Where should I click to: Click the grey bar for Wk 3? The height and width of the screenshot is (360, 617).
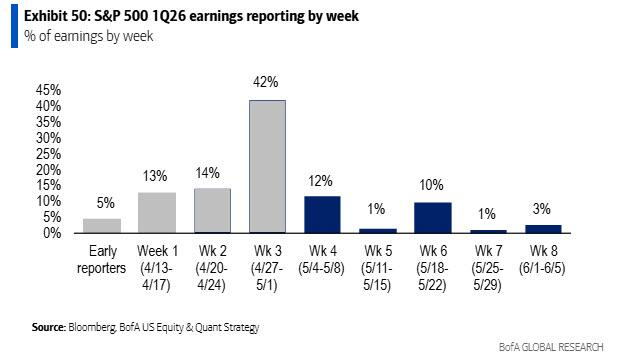(267, 166)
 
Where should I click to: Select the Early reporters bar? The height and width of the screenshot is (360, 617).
(102, 225)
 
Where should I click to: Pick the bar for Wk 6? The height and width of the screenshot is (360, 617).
(432, 217)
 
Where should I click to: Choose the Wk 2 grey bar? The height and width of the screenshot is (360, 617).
(212, 210)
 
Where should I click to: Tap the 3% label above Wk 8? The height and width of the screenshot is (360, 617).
(542, 208)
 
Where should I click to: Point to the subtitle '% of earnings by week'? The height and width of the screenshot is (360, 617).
(71, 37)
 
